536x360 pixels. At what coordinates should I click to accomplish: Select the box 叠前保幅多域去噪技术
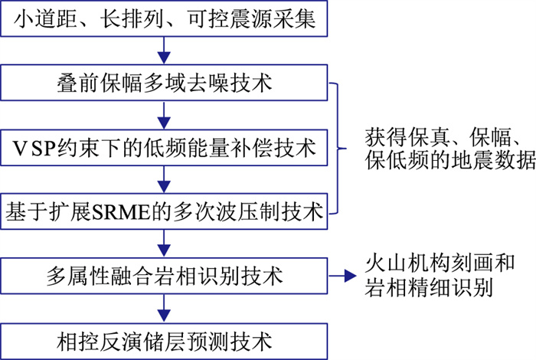164,83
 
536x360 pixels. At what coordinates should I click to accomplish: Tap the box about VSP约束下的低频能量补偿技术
164,146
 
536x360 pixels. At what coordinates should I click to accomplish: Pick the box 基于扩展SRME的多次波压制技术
164,209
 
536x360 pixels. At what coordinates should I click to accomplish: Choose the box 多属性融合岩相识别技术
164,273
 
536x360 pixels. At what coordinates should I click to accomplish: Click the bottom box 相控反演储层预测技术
164,337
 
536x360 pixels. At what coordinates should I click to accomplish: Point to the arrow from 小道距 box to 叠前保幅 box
164,50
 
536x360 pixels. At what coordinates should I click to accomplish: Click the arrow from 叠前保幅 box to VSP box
164,114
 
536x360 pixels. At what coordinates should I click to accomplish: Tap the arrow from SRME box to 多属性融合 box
164,241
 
